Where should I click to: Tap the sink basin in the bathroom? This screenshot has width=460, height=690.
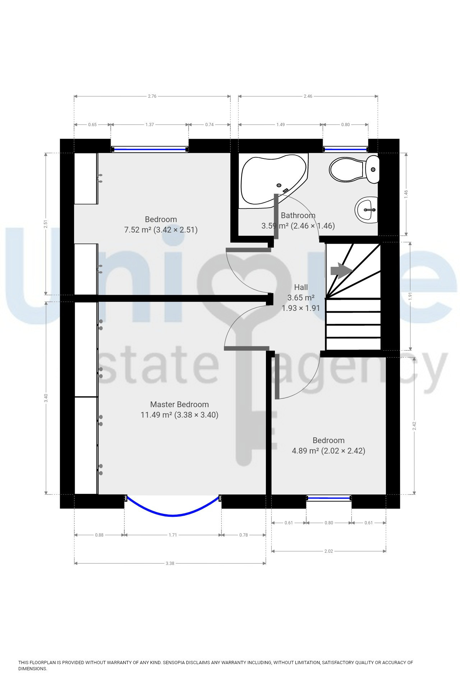(x=367, y=210)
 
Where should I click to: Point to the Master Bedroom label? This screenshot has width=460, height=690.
(x=179, y=404)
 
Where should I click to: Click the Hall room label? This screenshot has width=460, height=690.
(x=301, y=287)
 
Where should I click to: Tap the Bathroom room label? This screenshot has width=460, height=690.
(x=298, y=215)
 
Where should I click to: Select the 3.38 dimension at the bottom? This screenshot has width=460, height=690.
(x=170, y=563)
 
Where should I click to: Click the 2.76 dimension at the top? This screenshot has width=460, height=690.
(x=152, y=96)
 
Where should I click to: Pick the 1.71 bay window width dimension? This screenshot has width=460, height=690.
(x=173, y=535)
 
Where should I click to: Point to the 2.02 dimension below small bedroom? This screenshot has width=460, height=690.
(x=328, y=551)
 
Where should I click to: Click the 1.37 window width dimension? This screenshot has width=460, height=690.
(x=149, y=125)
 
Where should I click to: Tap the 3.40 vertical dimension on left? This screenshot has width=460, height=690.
(x=46, y=398)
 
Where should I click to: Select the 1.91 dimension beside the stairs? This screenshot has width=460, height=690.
(x=410, y=296)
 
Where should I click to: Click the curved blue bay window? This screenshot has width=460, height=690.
(x=173, y=515)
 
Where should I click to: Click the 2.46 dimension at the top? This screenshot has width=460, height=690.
(x=308, y=96)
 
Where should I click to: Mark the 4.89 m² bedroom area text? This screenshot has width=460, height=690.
(x=305, y=451)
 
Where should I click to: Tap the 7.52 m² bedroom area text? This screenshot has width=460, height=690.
(x=138, y=230)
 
